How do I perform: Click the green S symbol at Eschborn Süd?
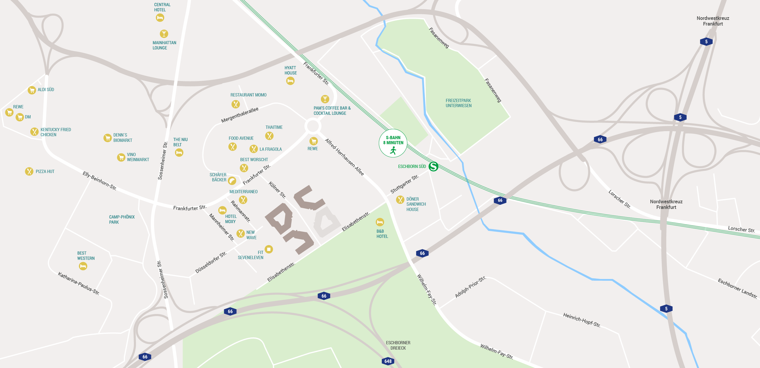[433, 166]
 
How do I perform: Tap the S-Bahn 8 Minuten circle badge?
[393, 143]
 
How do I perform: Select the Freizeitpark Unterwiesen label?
[458, 103]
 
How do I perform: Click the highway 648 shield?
[388, 361]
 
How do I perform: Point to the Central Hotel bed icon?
[160, 18]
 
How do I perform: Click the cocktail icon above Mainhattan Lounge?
[164, 34]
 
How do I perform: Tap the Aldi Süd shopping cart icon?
[32, 90]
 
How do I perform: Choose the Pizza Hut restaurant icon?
[29, 171]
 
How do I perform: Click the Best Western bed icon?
[83, 266]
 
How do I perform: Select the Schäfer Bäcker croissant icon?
[232, 180]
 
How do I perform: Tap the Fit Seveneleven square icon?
[269, 249]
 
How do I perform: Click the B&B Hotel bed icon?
[380, 222]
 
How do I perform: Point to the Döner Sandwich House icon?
[400, 200]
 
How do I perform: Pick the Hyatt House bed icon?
[290, 81]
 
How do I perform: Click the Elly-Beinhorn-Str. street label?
[99, 180]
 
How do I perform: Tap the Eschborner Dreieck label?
[398, 345]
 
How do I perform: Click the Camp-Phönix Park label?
[122, 219]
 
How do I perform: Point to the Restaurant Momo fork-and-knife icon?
[236, 104]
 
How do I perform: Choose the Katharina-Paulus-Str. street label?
[78, 283]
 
